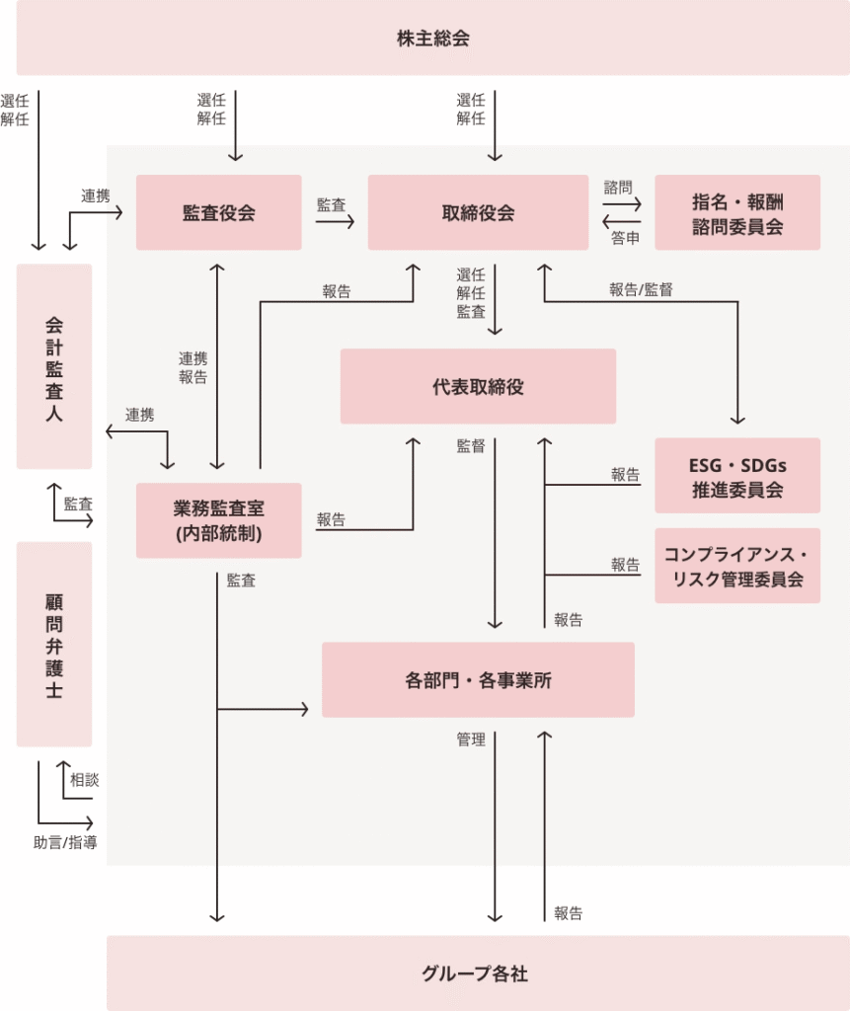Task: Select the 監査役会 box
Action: click(218, 212)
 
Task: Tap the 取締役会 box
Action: click(478, 212)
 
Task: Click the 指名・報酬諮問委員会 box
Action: click(736, 212)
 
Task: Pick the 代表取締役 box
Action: click(478, 386)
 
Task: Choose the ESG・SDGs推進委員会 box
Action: click(736, 476)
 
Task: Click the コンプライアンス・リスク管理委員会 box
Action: click(736, 566)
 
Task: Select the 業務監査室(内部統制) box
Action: click(218, 520)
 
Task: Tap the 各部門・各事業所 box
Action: click(478, 679)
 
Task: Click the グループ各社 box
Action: click(478, 973)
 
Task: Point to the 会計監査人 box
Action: click(54, 366)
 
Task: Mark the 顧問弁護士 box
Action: click(54, 644)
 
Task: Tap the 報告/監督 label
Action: click(641, 289)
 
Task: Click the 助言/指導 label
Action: click(65, 842)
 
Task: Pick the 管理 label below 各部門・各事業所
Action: click(471, 739)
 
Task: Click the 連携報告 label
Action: click(193, 366)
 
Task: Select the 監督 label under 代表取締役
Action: click(471, 445)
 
